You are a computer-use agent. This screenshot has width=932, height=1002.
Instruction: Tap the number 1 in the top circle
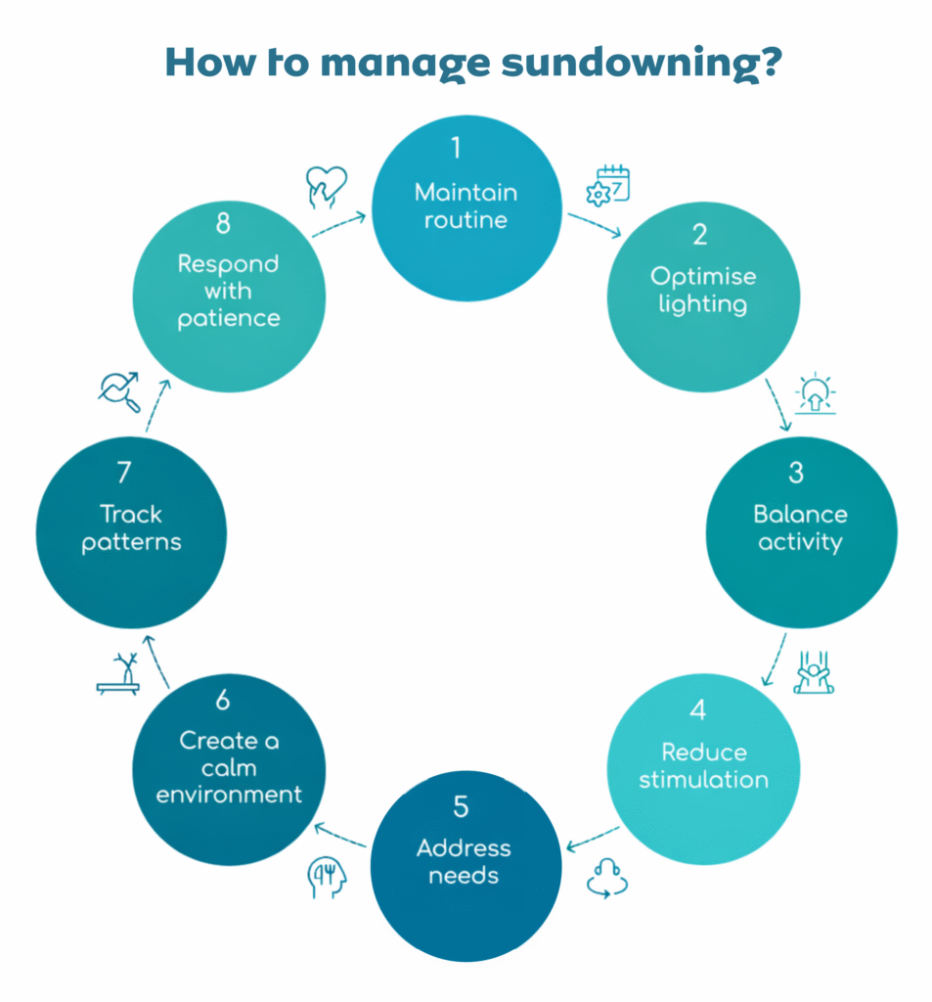pos(456,148)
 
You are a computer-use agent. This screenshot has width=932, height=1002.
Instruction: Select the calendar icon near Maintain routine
pos(607,185)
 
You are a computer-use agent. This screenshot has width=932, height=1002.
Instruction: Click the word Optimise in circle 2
pos(703,277)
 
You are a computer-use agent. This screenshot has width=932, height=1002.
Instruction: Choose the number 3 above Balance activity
pos(796,473)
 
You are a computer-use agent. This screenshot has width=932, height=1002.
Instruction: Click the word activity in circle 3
pos(800,542)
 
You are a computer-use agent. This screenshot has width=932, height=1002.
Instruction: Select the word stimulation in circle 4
pos(703,780)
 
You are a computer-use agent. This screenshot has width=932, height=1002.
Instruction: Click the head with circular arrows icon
pos(606,877)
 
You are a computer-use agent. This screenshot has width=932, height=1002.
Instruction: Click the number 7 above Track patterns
pos(123,473)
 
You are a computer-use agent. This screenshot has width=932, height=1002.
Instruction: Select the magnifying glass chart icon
pos(118,391)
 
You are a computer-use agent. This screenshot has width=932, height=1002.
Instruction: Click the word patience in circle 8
pos(229,318)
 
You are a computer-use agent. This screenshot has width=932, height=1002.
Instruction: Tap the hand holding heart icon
pos(326,185)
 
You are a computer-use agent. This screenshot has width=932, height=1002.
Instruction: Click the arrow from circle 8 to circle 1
pos(338,224)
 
